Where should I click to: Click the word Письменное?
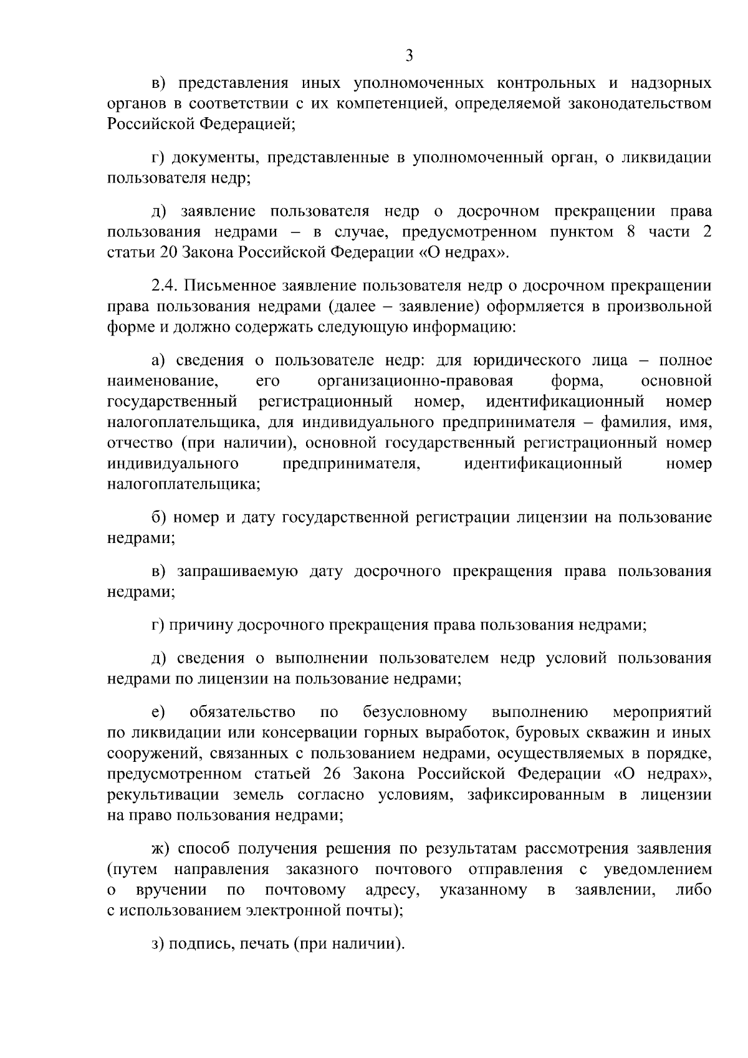pyautogui.click(x=228, y=286)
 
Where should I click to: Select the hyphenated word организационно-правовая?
pyautogui.click(x=415, y=381)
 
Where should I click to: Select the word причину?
pyautogui.click(x=201, y=625)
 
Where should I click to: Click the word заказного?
pyautogui.click(x=322, y=870)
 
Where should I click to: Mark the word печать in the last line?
pyautogui.click(x=260, y=944)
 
